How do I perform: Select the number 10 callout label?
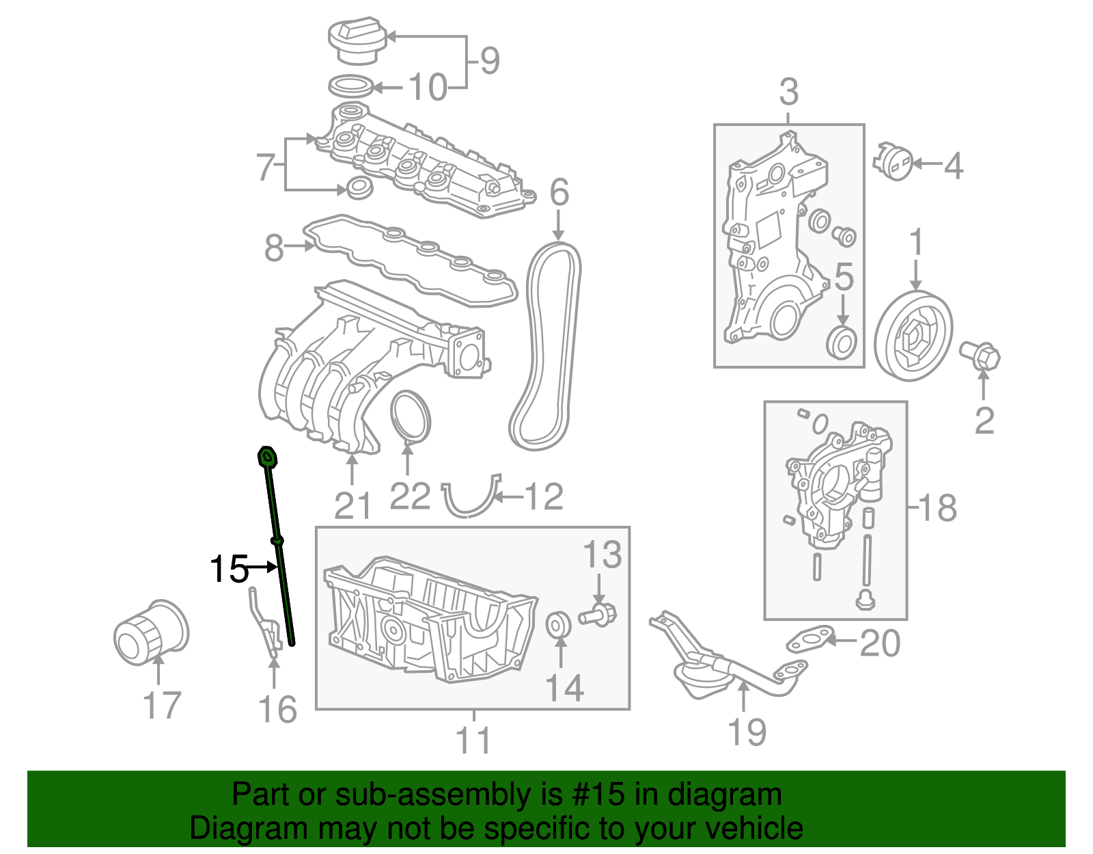(428, 88)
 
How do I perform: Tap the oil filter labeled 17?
(150, 632)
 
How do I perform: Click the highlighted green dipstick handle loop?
(267, 457)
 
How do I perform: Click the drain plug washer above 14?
(559, 624)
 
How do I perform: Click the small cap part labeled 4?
(892, 161)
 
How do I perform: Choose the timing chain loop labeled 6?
(546, 347)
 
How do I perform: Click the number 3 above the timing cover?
(788, 92)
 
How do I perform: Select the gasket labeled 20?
(809, 639)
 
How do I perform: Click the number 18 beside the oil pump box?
(937, 508)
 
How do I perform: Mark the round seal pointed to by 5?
(842, 343)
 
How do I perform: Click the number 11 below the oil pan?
(473, 740)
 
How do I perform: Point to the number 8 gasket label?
(274, 248)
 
